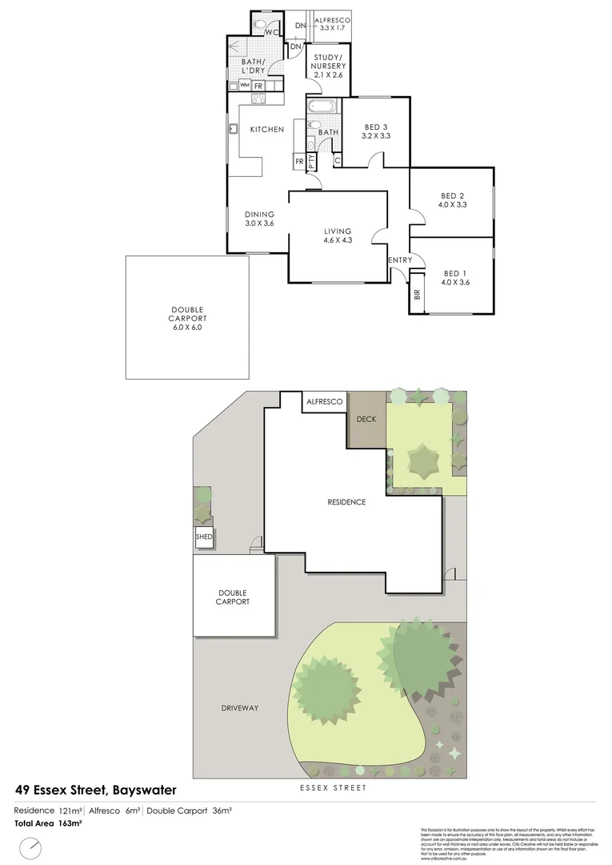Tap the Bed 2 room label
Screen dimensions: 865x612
pyautogui.click(x=452, y=200)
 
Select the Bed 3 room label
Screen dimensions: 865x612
pyautogui.click(x=375, y=131)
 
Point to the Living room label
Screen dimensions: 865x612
pyautogui.click(x=338, y=235)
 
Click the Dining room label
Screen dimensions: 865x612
pyautogui.click(x=259, y=219)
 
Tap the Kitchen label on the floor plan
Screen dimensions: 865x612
pyautogui.click(x=266, y=130)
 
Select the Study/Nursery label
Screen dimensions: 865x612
pyautogui.click(x=327, y=65)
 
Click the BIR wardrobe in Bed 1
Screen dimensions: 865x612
pyautogui.click(x=417, y=293)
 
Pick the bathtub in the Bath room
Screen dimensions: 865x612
pyautogui.click(x=322, y=107)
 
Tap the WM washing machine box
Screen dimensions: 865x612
pyautogui.click(x=244, y=85)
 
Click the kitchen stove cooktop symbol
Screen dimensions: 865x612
pyautogui.click(x=259, y=99)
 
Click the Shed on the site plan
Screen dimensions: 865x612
pyautogui.click(x=204, y=537)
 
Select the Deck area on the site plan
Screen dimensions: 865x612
pyautogui.click(x=366, y=420)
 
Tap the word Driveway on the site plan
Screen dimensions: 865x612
pyautogui.click(x=239, y=708)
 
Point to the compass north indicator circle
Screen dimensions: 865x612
pyautogui.click(x=30, y=847)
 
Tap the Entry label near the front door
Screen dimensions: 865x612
pyautogui.click(x=399, y=260)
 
